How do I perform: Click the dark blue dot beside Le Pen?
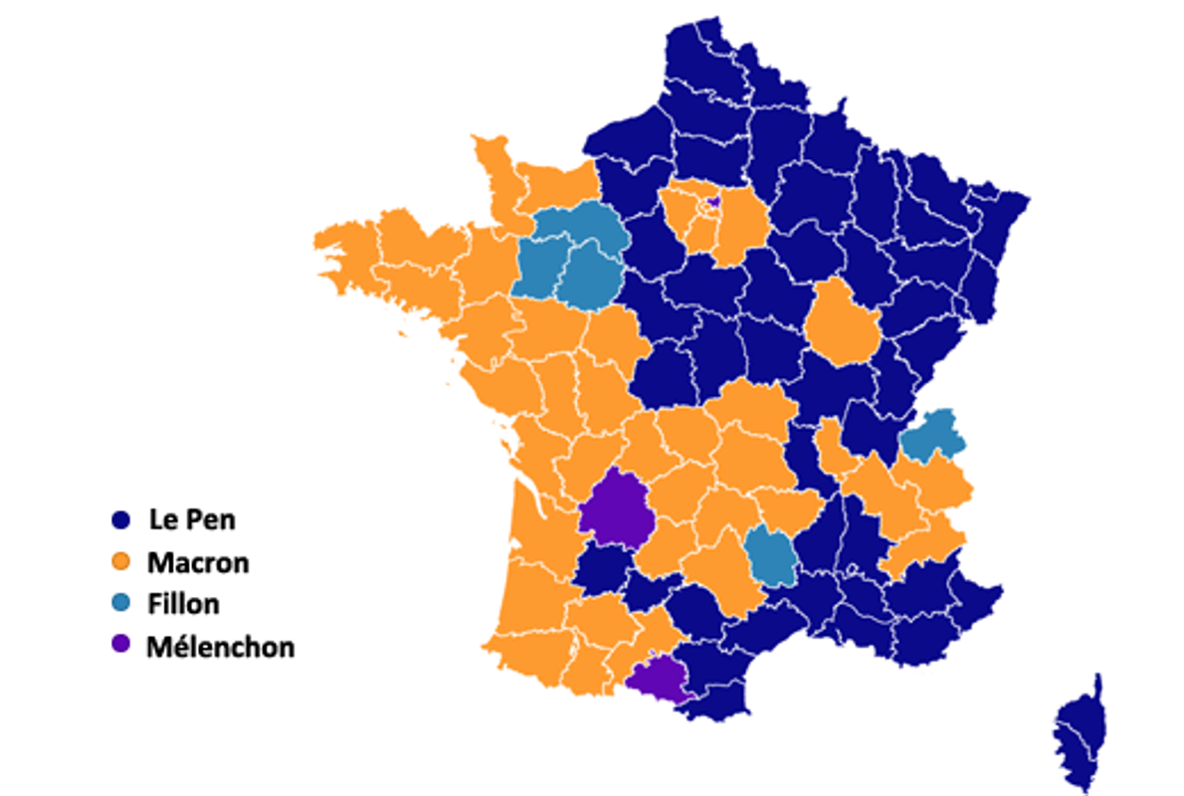pos(120,520)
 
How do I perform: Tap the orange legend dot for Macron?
pos(120,562)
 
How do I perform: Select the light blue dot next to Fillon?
pos(120,603)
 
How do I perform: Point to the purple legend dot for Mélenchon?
pos(120,645)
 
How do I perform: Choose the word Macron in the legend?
pos(198,562)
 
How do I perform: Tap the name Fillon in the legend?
pos(183,603)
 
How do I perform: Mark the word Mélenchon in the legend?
pos(220,646)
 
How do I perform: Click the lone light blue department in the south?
pos(768,555)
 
